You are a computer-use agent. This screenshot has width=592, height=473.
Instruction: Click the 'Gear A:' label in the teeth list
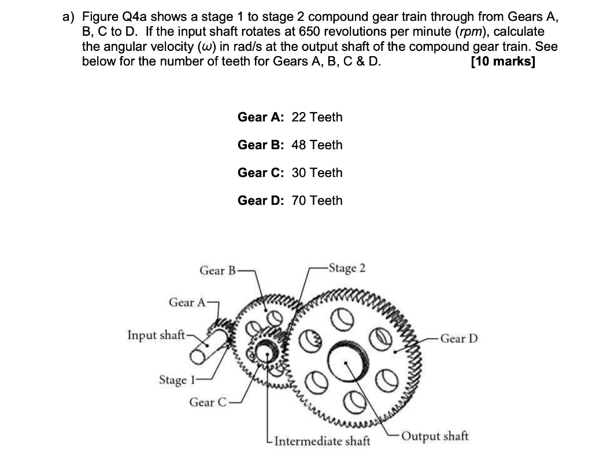pos(260,117)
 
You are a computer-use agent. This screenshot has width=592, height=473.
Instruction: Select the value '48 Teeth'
pos(317,145)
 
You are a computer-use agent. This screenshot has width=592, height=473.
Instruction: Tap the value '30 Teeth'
pos(317,173)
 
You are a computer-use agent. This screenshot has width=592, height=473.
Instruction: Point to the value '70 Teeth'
pos(317,201)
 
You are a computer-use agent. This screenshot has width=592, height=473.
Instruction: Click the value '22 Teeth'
pos(317,117)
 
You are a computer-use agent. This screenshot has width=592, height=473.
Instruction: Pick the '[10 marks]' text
pos(503,62)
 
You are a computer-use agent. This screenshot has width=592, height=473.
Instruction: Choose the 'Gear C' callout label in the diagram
pos(208,402)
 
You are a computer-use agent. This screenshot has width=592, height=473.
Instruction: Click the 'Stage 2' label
pos(346,268)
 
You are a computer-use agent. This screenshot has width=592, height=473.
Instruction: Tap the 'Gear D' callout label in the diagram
pos(458,338)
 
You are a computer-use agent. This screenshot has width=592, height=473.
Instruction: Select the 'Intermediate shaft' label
pos(322,442)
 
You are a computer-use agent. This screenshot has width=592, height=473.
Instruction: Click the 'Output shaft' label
pos(435,435)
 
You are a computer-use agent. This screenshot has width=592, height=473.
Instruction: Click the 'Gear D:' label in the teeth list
pos(260,201)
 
